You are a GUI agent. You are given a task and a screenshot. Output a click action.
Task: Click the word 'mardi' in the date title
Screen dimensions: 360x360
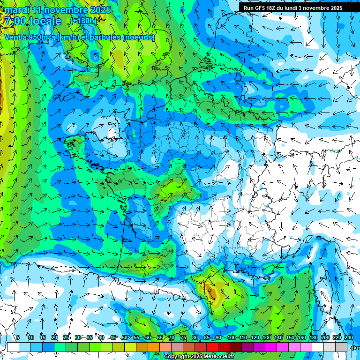coord(17,10)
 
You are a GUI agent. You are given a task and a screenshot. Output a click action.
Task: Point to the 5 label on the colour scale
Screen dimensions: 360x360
coord(18,338)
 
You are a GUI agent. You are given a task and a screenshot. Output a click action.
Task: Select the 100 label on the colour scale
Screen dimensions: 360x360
coord(231,338)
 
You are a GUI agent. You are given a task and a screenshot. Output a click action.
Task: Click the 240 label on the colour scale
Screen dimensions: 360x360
coord(348,338)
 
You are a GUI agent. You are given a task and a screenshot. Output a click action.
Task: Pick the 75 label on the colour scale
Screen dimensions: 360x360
coord(183,338)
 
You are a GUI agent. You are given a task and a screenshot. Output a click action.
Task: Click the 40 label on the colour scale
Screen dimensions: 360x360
coord(101,338)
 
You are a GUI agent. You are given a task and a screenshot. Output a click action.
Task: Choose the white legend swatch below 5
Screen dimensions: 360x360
coord(13,347)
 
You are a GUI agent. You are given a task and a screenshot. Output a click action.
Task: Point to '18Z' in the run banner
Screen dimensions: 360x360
coord(272,8)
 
